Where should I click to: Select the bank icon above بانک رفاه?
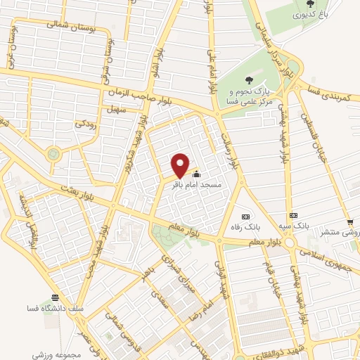pyautogui.click(x=245, y=216)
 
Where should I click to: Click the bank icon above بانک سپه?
pyautogui.click(x=293, y=215)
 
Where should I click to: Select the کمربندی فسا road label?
pyautogui.click(x=329, y=92)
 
